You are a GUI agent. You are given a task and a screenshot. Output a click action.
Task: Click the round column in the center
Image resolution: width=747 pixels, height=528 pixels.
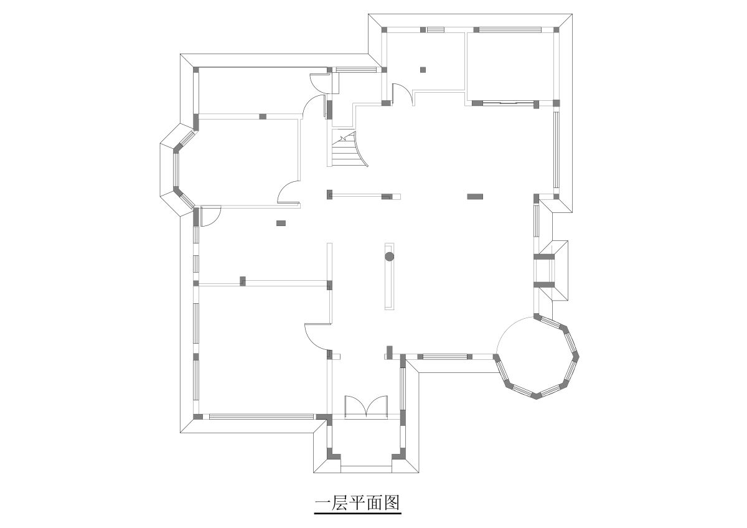pyautogui.click(x=390, y=257)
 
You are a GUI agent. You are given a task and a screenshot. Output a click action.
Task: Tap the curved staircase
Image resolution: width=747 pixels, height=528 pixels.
pyautogui.click(x=349, y=149)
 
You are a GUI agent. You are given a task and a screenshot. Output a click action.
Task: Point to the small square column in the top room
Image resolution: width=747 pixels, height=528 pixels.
pyautogui.click(x=423, y=70)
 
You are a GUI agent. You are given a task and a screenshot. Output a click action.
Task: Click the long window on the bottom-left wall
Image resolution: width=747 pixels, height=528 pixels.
pyautogui.click(x=261, y=417)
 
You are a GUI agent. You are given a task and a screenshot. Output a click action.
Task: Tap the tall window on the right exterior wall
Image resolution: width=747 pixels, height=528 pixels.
pyautogui.click(x=556, y=149)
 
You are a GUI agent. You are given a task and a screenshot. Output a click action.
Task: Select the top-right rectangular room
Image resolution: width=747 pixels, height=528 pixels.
pyautogui.click(x=510, y=67)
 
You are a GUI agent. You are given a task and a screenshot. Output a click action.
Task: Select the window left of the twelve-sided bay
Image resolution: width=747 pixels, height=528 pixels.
pyautogui.click(x=445, y=357)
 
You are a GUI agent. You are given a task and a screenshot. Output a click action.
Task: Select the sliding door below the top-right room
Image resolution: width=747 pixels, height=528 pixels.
pyautogui.click(x=508, y=103)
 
